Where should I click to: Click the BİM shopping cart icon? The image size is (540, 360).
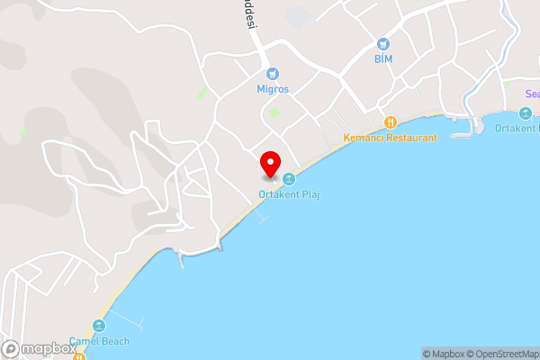pyautogui.click(x=384, y=44)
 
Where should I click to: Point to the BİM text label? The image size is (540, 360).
pyautogui.click(x=384, y=58)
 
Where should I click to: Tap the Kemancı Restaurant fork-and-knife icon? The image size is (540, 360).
pyautogui.click(x=390, y=122)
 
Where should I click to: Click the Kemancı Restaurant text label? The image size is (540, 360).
pyautogui.click(x=390, y=138)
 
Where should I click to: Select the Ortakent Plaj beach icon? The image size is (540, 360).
pyautogui.click(x=289, y=178)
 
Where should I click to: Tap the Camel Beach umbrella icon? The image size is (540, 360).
pyautogui.click(x=99, y=326)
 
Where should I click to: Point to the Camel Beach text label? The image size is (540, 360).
pyautogui.click(x=99, y=341)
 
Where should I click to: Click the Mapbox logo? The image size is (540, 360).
pyautogui.click(x=38, y=349)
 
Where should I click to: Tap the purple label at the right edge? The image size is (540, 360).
pyautogui.click(x=532, y=94)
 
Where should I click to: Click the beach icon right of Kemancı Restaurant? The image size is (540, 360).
pyautogui.click(x=526, y=113)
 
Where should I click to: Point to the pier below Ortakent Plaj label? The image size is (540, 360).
pyautogui.click(x=261, y=216)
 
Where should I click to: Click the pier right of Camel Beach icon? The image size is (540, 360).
pyautogui.click(x=129, y=320)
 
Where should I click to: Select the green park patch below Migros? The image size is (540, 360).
pyautogui.click(x=273, y=112)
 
